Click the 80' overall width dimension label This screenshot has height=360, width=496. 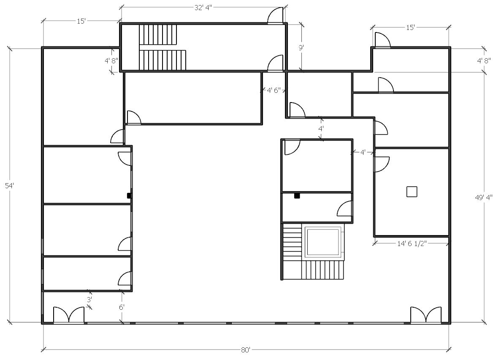point(246,349)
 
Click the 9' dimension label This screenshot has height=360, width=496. point(301,48)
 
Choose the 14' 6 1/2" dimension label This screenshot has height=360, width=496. point(412,243)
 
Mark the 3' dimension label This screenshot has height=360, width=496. point(89,299)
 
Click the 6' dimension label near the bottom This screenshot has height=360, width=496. point(122,307)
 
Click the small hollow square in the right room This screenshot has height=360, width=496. point(412,192)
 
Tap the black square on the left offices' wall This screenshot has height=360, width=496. point(130,196)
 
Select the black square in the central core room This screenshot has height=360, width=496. point(297,196)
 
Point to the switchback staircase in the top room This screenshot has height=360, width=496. point(162,47)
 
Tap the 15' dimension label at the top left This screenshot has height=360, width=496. point(81,21)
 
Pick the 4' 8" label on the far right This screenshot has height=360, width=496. point(484,60)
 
